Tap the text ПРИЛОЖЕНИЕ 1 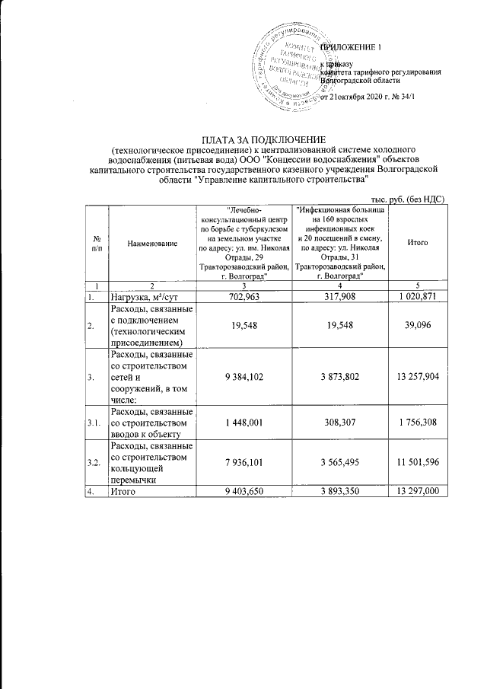pyautogui.click(x=351, y=48)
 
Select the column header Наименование pyautogui.click(x=152, y=242)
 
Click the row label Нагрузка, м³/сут pyautogui.click(x=150, y=296)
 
